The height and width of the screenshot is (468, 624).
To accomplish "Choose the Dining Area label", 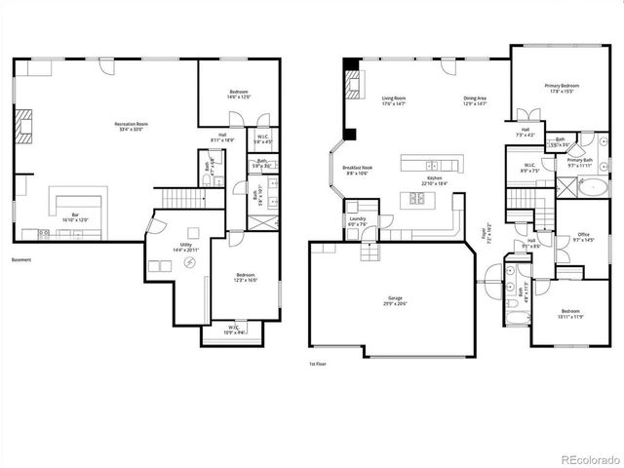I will click(476, 98).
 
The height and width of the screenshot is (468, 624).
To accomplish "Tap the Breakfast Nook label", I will click(356, 170).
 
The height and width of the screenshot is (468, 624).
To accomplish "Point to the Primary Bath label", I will click(581, 162).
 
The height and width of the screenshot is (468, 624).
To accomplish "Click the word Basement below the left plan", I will click(20, 260).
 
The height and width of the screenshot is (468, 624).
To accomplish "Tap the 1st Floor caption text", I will click(317, 365).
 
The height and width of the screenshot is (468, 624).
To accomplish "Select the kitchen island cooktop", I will click(416, 198).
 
